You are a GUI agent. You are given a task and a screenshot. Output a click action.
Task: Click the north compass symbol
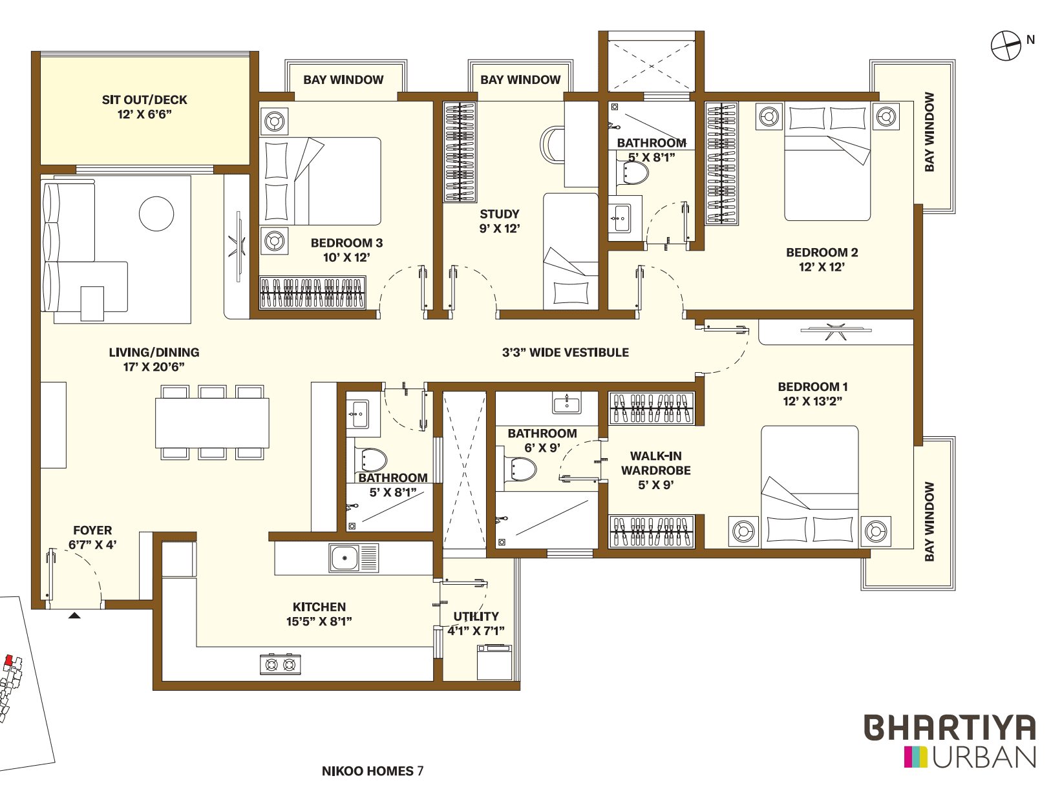click(1006, 46)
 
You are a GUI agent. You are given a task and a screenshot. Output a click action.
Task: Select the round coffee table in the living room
click(156, 213)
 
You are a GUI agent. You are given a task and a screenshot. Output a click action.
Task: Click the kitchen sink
click(345, 558)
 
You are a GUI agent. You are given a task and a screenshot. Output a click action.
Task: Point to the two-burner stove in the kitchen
click(281, 664)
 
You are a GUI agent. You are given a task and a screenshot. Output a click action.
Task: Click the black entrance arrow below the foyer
click(74, 616)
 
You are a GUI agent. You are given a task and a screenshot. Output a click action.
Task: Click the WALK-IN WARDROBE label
click(655, 463)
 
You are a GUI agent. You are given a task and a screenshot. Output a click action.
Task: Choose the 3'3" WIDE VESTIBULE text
click(565, 352)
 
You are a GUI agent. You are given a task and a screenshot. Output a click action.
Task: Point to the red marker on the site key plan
click(8, 660)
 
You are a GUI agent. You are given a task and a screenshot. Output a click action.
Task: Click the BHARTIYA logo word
click(950, 728)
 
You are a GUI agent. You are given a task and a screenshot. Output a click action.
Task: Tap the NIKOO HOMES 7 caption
click(372, 771)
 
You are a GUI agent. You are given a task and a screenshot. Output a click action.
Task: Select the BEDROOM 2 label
click(822, 253)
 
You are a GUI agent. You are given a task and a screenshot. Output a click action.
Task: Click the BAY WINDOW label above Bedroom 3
click(343, 79)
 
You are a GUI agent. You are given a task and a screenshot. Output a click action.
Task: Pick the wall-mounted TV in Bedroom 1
click(835, 331)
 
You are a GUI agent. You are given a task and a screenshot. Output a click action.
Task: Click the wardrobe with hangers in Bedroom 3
click(312, 293)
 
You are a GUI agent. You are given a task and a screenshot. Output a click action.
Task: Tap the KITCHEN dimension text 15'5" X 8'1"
click(319, 622)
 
